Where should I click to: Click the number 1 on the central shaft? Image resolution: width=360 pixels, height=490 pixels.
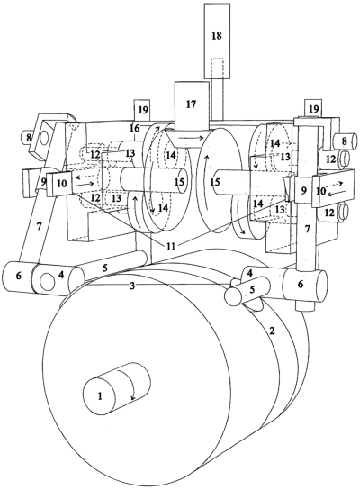[100, 396]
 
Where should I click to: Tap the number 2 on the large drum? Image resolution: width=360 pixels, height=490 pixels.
[272, 331]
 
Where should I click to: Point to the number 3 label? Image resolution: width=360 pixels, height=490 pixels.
[132, 285]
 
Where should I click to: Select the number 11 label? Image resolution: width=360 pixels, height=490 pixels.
[170, 247]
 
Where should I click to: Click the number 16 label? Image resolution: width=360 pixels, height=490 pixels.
[135, 128]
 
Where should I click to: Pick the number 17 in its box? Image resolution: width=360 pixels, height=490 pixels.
[191, 104]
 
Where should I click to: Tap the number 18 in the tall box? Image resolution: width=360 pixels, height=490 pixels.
[217, 35]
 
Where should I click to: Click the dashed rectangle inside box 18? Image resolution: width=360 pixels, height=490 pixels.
[218, 68]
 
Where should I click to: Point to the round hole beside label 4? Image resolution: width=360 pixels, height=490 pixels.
[48, 281]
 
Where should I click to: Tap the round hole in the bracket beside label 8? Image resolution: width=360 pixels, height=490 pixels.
[44, 136]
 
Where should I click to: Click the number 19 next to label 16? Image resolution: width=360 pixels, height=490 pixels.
[143, 110]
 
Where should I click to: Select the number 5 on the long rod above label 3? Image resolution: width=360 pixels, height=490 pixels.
[105, 268]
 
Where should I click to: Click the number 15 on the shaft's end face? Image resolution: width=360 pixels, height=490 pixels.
[179, 182]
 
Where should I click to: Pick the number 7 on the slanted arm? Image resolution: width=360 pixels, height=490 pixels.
[39, 227]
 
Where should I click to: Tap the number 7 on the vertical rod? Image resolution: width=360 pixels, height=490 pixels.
[308, 230]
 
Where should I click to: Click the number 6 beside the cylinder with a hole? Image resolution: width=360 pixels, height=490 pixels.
[19, 276]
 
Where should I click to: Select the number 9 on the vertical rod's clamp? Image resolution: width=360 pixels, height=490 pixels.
[303, 190]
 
